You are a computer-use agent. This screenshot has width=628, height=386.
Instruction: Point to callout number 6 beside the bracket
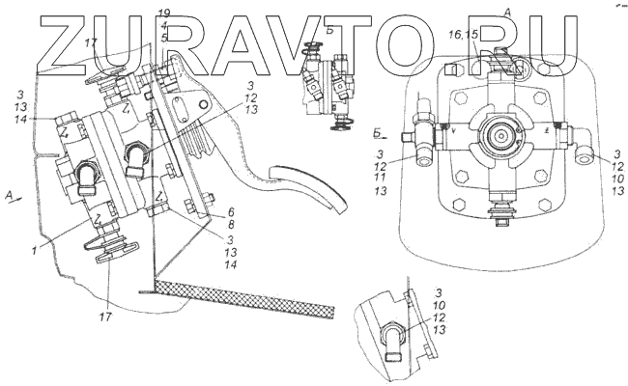(x=230, y=212)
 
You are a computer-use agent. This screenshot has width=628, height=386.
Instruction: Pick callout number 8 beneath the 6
(x=230, y=224)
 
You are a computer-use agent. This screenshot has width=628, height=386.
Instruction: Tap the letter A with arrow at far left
(x=9, y=196)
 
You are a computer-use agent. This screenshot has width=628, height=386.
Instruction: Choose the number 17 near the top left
(x=91, y=43)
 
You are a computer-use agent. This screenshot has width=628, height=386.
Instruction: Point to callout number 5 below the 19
(x=165, y=37)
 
